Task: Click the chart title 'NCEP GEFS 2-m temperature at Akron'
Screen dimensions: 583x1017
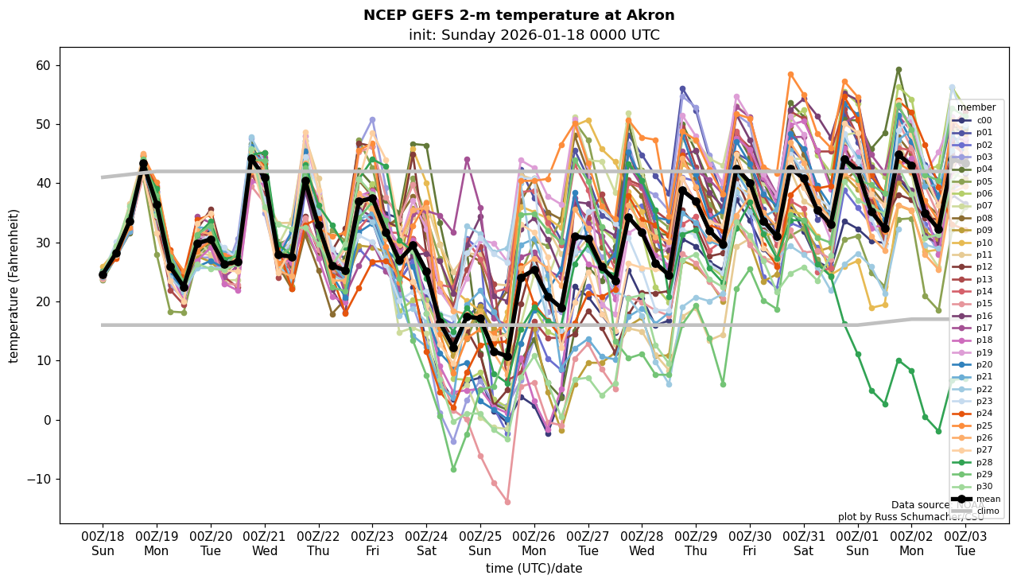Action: pyautogui.click(x=518, y=15)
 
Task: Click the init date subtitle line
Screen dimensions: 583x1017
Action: pyautogui.click(x=534, y=35)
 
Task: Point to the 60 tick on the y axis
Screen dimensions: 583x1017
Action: pyautogui.click(x=45, y=65)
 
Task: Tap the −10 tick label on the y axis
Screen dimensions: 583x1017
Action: pyautogui.click(x=40, y=479)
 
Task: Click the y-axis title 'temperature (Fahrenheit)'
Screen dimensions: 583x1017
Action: pyautogui.click(x=14, y=286)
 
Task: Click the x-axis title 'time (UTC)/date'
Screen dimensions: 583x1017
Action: pyautogui.click(x=534, y=569)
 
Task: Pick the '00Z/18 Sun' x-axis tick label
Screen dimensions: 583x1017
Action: pyautogui.click(x=103, y=544)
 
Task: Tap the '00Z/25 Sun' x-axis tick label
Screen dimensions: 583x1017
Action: pyautogui.click(x=480, y=544)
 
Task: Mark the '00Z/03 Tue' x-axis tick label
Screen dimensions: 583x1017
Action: pyautogui.click(x=965, y=544)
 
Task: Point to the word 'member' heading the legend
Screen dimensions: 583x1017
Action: pyautogui.click(x=976, y=107)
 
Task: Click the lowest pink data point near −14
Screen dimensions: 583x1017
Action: pyautogui.click(x=507, y=502)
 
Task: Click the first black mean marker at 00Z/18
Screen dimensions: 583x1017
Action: pyautogui.click(x=103, y=274)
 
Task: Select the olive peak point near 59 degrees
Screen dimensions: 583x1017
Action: pyautogui.click(x=899, y=70)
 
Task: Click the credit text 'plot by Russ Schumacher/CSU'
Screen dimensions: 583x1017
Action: pyautogui.click(x=910, y=517)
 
